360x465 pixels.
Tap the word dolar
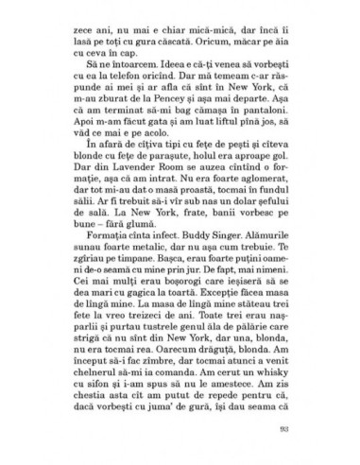pos(243,229)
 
